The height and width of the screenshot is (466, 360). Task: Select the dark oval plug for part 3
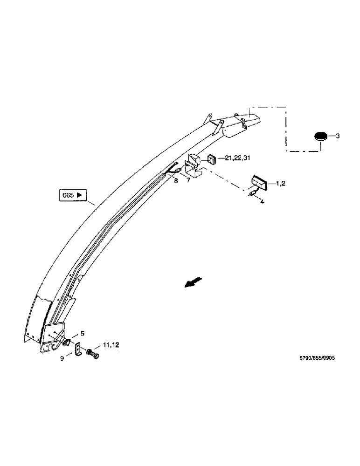[x=320, y=137]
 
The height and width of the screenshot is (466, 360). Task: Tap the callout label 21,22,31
[x=237, y=158]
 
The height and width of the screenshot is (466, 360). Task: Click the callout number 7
[x=189, y=180]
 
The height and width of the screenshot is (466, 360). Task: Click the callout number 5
[x=83, y=334]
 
